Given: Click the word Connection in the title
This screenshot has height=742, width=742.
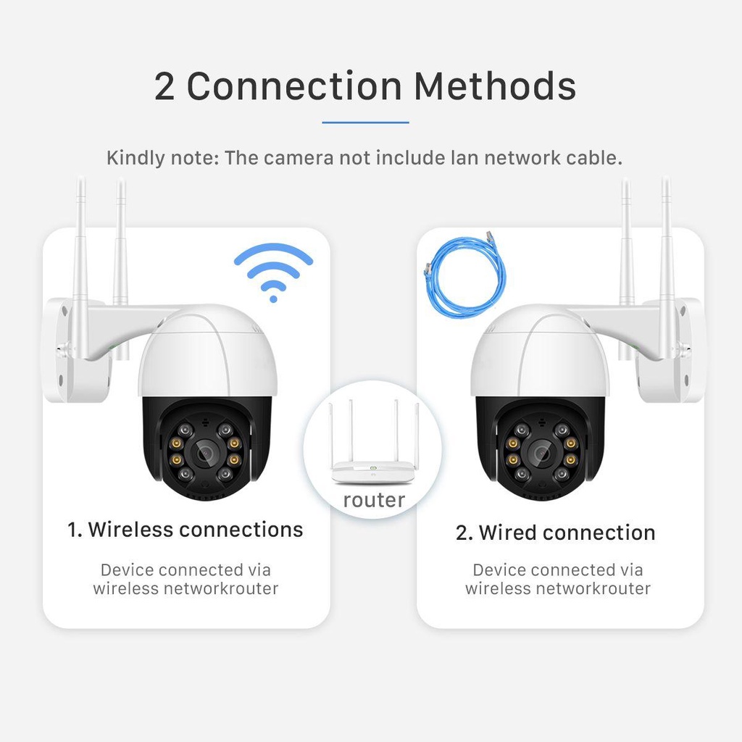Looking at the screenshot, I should click(x=293, y=86).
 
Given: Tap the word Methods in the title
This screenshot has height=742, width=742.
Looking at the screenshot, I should click(x=495, y=86).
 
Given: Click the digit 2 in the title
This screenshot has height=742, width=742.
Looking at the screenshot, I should click(x=164, y=87).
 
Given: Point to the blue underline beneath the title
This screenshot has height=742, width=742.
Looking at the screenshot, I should click(x=365, y=122).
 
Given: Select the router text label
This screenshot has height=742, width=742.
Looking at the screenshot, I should click(x=374, y=500).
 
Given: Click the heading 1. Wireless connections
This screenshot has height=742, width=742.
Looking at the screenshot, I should click(x=185, y=530).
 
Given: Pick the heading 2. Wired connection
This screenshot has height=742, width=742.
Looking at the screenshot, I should click(x=555, y=533).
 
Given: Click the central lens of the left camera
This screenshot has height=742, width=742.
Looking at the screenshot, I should click(x=203, y=454).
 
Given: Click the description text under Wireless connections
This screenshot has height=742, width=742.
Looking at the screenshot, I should click(x=185, y=579).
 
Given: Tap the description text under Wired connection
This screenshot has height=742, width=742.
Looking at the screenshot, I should click(x=558, y=579).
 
